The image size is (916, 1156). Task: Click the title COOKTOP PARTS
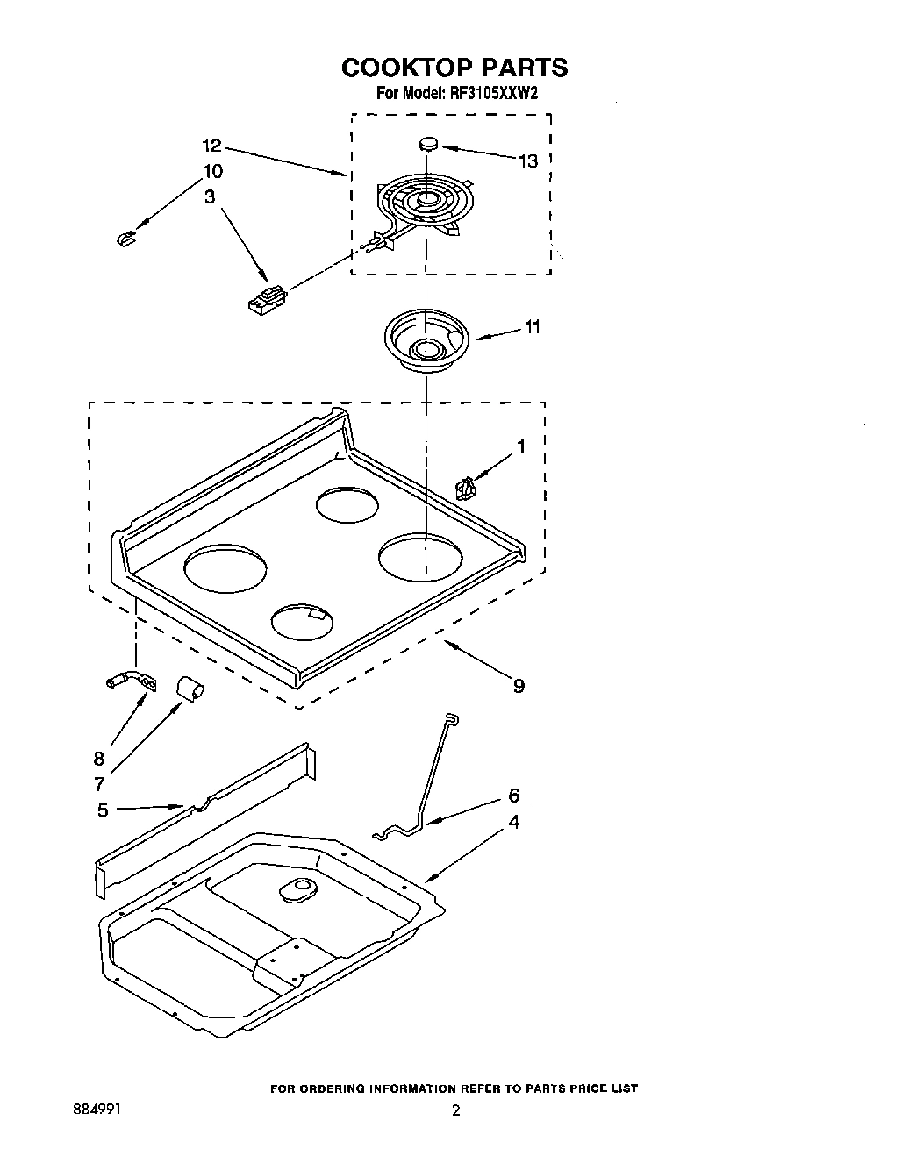pos(454,68)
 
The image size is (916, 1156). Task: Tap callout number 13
pos(526,161)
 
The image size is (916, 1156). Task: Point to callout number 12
pos(212,146)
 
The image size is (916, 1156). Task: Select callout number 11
pos(532,327)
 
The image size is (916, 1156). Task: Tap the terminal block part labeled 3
pos(267,299)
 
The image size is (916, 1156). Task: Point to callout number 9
pos(519,686)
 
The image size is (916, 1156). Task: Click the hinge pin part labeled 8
pos(130,679)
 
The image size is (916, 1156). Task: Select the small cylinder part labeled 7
pos(190,688)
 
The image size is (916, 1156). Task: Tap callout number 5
pos(103,810)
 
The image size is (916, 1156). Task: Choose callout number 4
pos(513,822)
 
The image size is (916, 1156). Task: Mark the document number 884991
pos(97,1110)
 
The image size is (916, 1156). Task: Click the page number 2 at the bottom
pos(455,1110)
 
